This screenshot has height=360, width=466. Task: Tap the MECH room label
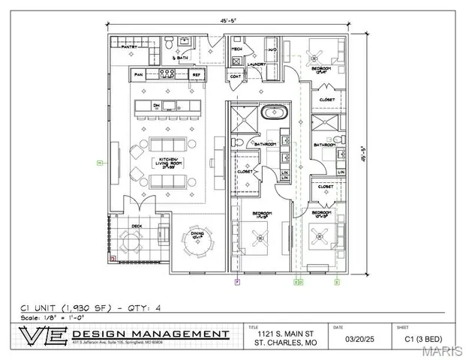click(236, 47)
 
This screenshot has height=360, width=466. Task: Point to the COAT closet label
click(235, 76)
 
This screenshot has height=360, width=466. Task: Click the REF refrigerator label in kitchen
click(196, 75)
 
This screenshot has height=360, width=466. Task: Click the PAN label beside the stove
click(138, 75)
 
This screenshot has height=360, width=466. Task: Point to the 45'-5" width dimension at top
click(230, 22)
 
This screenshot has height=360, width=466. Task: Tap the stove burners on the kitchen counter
click(167, 75)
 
